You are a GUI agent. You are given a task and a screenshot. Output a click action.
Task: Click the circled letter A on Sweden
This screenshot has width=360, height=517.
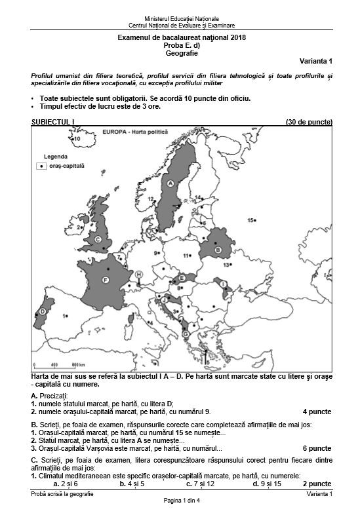pyautogui.click(x=170, y=183)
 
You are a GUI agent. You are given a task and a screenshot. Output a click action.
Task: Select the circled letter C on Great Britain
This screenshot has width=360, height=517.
pyautogui.click(x=98, y=240)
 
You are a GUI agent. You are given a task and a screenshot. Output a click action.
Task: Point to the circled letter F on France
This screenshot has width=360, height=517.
pyautogui.click(x=105, y=280)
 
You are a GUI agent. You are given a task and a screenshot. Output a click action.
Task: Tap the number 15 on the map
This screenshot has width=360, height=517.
pyautogui.click(x=251, y=221)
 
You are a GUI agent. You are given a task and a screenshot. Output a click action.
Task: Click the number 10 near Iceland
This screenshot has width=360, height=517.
pyautogui.click(x=76, y=139)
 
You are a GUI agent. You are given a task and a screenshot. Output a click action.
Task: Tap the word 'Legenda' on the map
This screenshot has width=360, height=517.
pyautogui.click(x=54, y=157)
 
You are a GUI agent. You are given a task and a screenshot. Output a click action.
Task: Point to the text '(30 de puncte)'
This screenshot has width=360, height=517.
pyautogui.click(x=309, y=122)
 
